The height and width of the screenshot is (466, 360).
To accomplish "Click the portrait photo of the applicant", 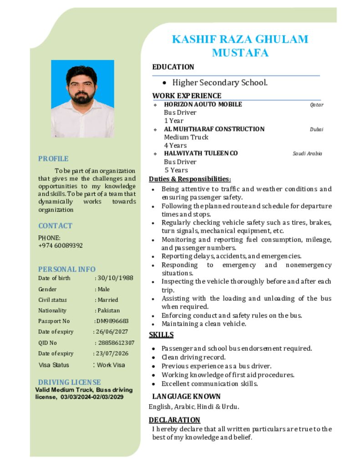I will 82,98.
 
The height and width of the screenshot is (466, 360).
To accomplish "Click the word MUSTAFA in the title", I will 240,53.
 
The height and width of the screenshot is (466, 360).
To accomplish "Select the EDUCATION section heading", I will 173,67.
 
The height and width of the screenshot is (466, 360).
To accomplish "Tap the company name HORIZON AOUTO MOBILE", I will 203,104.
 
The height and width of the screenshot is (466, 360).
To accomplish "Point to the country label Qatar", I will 317,105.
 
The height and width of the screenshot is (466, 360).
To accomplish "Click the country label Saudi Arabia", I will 307,153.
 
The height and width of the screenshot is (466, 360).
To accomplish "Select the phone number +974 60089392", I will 61,245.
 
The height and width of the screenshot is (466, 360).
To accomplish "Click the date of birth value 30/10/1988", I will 115,278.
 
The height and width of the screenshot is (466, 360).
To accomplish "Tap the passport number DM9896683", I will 112,321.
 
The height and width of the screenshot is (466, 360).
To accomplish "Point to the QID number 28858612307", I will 116,343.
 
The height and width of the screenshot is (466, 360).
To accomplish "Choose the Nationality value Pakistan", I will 109,310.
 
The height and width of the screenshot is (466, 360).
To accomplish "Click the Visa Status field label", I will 54,365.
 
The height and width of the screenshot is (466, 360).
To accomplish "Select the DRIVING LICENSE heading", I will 69,382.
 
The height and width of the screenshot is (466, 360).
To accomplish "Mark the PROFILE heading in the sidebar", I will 53,159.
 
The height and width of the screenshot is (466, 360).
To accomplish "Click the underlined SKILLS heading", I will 161,335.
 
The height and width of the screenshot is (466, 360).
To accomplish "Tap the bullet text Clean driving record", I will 193,357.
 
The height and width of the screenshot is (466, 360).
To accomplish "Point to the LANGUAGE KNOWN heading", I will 186,396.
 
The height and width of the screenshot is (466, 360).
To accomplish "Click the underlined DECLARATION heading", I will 174,420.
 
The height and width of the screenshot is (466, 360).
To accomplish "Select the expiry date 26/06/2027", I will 112,332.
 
